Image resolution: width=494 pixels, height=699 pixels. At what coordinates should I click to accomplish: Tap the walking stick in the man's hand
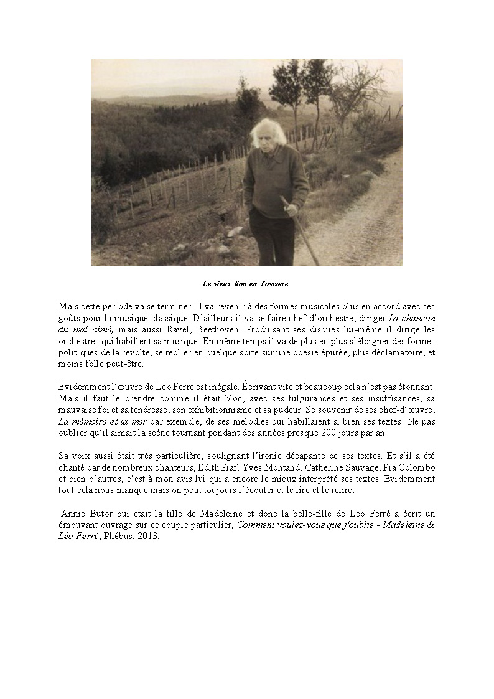click(x=301, y=231)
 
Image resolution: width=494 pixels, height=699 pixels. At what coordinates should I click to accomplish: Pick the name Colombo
click(x=417, y=467)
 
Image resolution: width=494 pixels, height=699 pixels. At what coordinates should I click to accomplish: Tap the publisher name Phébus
click(x=118, y=537)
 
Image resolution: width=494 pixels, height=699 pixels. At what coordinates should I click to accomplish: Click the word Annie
click(x=73, y=514)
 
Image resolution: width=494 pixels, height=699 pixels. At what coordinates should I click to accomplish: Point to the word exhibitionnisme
click(x=218, y=409)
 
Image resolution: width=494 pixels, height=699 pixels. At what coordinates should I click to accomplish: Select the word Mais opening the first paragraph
click(x=68, y=306)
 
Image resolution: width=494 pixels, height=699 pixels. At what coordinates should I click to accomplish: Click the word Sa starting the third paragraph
click(x=63, y=456)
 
